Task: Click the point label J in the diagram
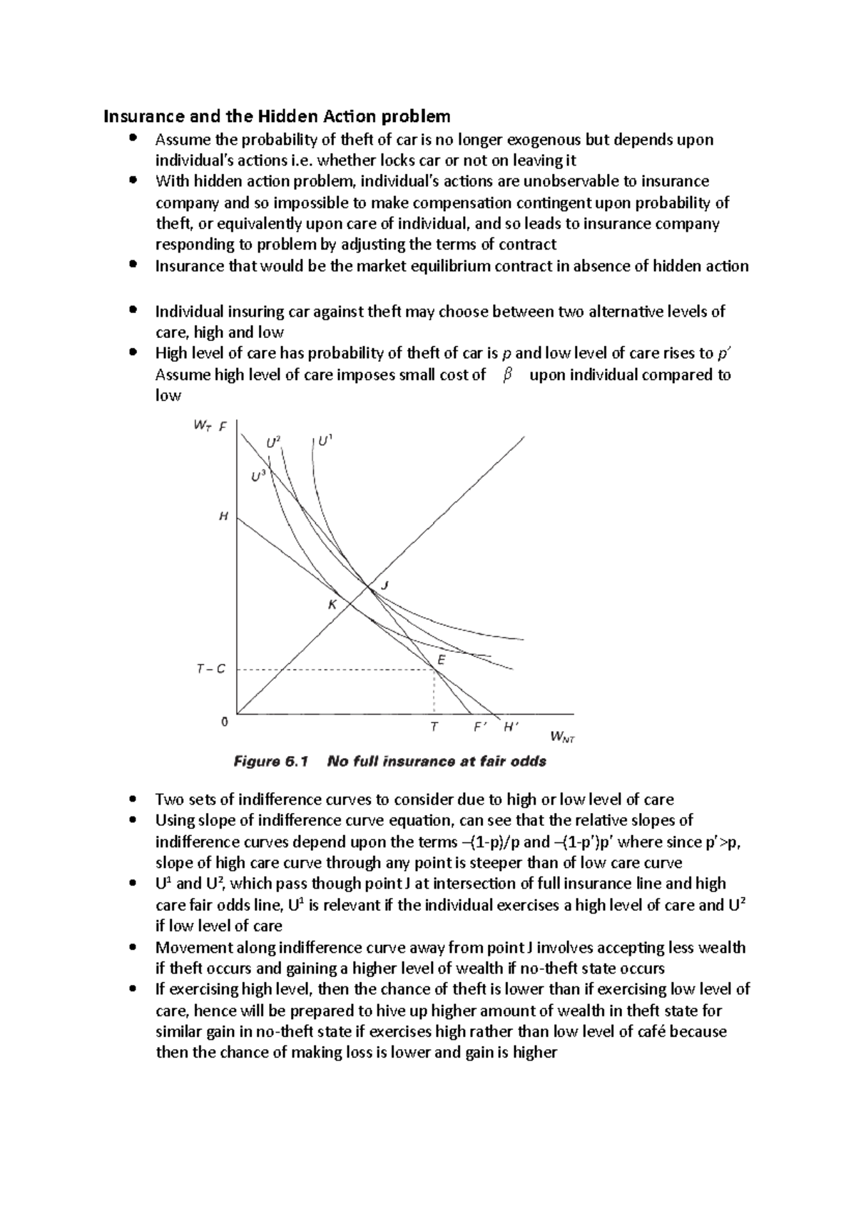pos(384,585)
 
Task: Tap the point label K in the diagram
pos(332,605)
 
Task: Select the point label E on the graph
pos(441,660)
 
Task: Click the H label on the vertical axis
pos(223,516)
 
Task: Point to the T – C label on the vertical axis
pos(210,669)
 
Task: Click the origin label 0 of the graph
pos(225,722)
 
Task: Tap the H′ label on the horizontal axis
pos(511,727)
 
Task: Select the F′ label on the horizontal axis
pos(480,727)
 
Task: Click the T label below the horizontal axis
pos(434,727)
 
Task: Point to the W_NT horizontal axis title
pos(563,736)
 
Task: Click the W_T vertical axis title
pos(202,426)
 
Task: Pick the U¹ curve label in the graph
pos(325,441)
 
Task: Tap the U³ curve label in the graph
pos(259,476)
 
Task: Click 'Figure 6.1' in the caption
pos(271,762)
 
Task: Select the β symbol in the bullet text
pos(507,375)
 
